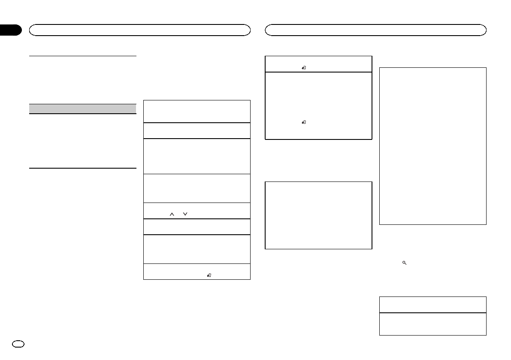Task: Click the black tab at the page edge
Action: point(10,30)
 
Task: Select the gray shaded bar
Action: point(82,109)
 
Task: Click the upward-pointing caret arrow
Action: point(171,214)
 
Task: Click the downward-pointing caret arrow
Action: point(185,214)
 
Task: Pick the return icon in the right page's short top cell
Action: point(304,67)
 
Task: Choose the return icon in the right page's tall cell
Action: point(304,122)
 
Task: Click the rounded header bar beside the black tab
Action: point(139,30)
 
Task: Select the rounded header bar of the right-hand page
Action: point(376,30)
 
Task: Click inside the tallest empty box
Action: point(432,145)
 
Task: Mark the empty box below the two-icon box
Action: point(318,215)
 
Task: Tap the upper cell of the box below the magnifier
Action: point(432,304)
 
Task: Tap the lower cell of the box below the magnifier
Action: point(432,324)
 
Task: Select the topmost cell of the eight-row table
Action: point(197,111)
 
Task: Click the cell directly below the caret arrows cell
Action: point(197,227)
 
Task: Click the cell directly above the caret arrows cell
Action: point(197,188)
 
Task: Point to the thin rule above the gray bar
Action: point(82,55)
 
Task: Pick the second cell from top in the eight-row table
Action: point(197,130)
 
